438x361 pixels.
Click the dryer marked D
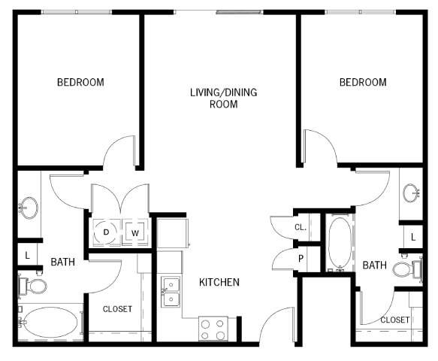coord(107,232)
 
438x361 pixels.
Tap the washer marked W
coord(135,232)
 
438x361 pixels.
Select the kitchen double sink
coord(171,292)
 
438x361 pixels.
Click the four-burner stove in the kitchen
coord(213,329)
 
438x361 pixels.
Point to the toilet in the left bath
coord(33,286)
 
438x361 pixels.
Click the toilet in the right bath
coord(407,269)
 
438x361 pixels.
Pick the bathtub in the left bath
coord(51,322)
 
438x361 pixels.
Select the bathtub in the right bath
coord(340,243)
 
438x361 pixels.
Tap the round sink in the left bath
coord(29,208)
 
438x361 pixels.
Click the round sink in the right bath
coord(411,193)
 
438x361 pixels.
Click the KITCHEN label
coord(219,283)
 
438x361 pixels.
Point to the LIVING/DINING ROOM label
coord(223,99)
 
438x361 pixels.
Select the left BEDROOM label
coord(80,82)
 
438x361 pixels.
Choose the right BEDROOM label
coord(363,82)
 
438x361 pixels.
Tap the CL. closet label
coord(301,227)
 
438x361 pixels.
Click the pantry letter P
coord(301,259)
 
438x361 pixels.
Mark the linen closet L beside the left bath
coord(27,255)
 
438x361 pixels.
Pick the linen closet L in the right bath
coord(413,238)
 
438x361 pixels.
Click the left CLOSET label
coord(117,309)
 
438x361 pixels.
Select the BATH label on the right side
coord(374,265)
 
